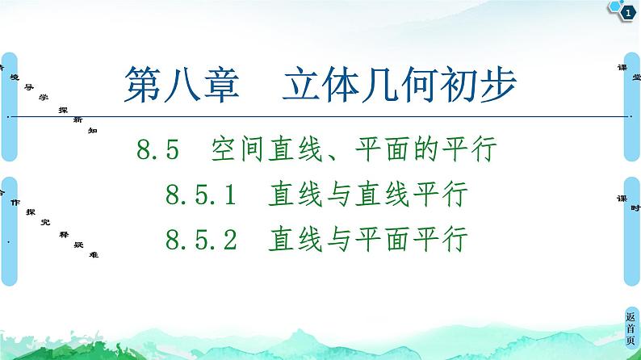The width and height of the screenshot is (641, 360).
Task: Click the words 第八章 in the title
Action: click(x=181, y=83)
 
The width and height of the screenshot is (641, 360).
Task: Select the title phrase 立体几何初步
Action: click(x=399, y=83)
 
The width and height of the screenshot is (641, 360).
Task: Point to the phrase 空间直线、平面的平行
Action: click(x=352, y=150)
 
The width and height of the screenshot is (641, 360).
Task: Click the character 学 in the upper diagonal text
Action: click(x=44, y=96)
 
